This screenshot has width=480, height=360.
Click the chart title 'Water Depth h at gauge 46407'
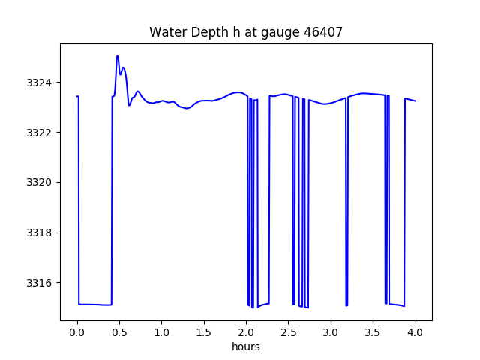pyautogui.click(x=246, y=32)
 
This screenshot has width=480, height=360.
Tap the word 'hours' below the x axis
pyautogui.click(x=246, y=346)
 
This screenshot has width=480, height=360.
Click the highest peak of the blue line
pyautogui.click(x=118, y=56)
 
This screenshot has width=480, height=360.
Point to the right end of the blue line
pyautogui.click(x=415, y=100)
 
